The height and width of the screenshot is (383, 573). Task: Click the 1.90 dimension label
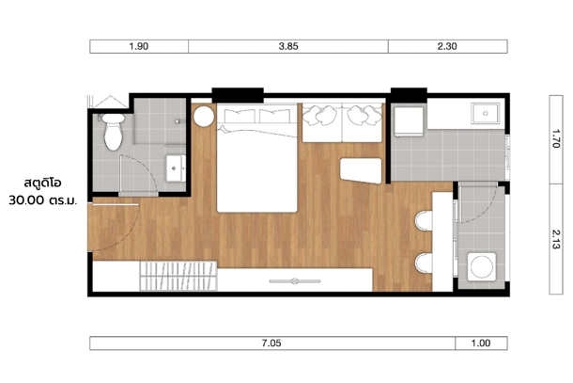click(139, 46)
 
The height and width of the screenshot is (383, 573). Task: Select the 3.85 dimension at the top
click(288, 46)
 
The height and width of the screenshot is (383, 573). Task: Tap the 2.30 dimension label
click(447, 46)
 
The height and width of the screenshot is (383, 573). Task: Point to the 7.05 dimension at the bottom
click(271, 343)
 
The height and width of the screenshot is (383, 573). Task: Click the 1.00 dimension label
click(481, 343)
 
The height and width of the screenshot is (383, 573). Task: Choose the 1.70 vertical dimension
click(556, 138)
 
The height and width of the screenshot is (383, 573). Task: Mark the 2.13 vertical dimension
click(556, 239)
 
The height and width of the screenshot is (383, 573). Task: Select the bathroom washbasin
click(176, 168)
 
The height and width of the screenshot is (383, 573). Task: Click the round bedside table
click(204, 117)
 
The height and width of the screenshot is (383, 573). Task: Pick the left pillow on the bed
click(240, 116)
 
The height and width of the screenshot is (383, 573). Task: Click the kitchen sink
click(485, 114)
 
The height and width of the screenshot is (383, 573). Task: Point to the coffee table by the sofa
click(361, 170)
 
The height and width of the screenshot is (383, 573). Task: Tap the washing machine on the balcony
click(482, 266)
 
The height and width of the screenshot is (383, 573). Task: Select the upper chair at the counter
click(424, 220)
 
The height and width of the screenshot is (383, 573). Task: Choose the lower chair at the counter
click(424, 263)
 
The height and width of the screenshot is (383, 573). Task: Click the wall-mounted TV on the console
click(295, 281)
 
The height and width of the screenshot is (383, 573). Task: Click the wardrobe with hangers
click(178, 276)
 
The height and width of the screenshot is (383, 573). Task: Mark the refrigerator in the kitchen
click(409, 121)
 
